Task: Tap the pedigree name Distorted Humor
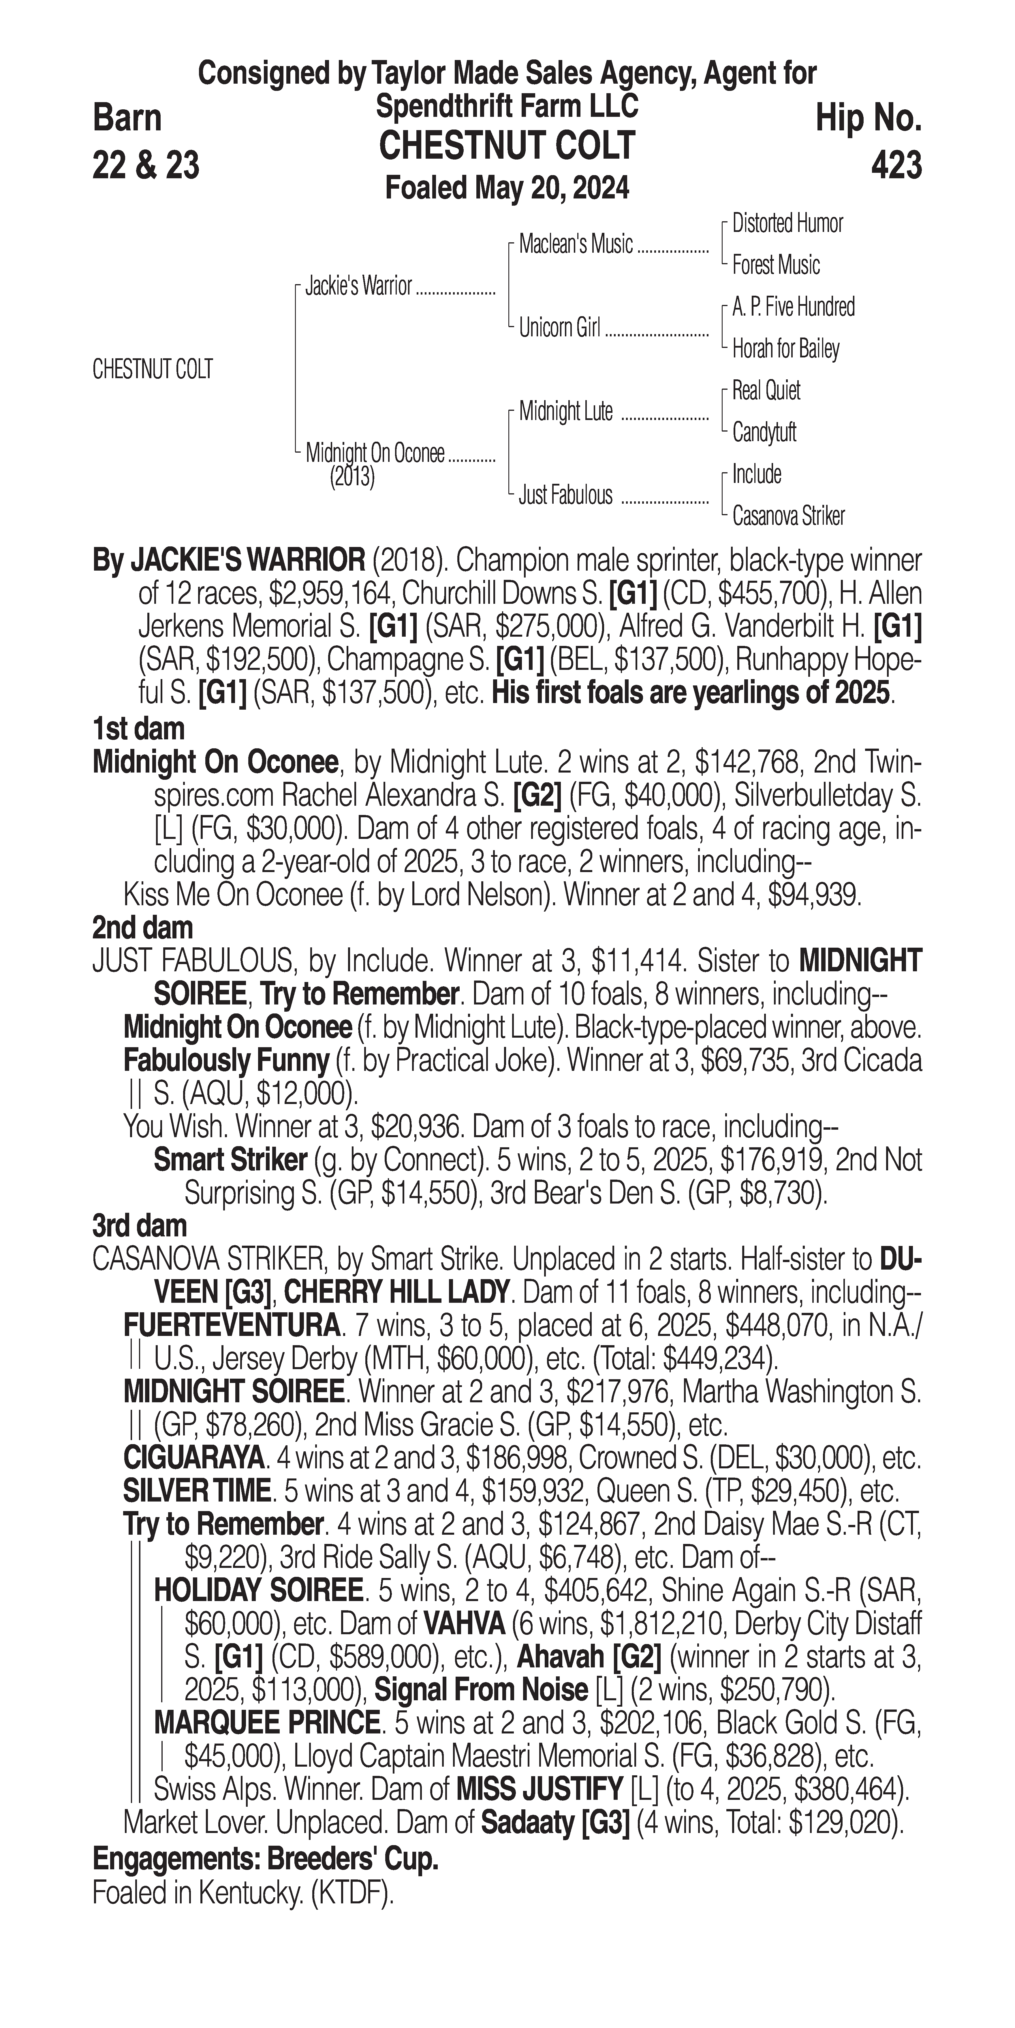[787, 224]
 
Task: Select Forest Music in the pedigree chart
[776, 265]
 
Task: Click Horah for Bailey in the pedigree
[785, 349]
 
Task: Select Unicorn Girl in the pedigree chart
[559, 327]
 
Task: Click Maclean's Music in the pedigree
[575, 245]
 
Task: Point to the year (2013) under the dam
[352, 477]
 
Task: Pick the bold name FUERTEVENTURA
[232, 1326]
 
